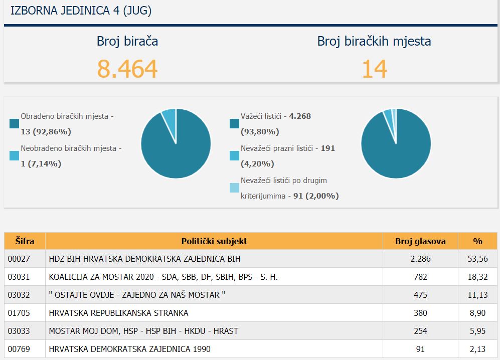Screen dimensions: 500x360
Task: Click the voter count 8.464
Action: (x=127, y=69)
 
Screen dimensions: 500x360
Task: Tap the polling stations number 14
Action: (x=374, y=69)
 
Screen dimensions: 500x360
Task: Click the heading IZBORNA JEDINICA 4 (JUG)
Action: (x=81, y=11)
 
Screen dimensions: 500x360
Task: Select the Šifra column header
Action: (x=25, y=241)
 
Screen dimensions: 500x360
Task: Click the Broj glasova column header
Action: (x=420, y=241)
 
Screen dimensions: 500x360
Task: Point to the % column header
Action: (x=477, y=241)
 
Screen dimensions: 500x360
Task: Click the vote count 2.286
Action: (x=420, y=259)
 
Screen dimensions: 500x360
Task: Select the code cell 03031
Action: (x=19, y=277)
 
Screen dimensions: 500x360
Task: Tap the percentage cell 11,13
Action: (x=477, y=295)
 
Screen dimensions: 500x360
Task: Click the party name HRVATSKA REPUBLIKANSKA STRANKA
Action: (x=118, y=313)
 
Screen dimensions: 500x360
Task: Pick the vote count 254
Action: (x=420, y=331)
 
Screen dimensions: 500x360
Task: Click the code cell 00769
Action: (x=19, y=349)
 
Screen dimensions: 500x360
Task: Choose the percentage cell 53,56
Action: (x=477, y=259)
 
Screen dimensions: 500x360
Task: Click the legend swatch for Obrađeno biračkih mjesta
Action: (x=15, y=123)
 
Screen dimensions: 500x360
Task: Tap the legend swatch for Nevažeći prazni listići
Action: (x=234, y=155)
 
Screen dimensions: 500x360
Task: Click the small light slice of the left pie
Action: (x=170, y=119)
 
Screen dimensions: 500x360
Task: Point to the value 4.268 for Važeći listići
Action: (x=300, y=116)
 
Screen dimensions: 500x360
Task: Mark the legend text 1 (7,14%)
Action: (x=41, y=164)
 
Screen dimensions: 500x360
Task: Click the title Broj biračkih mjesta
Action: (x=374, y=42)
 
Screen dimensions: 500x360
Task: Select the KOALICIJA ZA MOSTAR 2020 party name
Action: (x=163, y=277)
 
